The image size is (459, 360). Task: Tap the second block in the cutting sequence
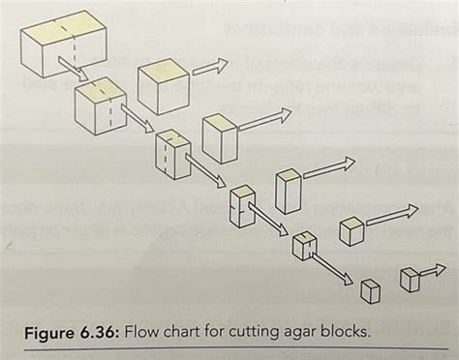101,103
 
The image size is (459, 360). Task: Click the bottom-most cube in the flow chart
370,290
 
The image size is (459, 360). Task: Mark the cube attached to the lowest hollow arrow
411,280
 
